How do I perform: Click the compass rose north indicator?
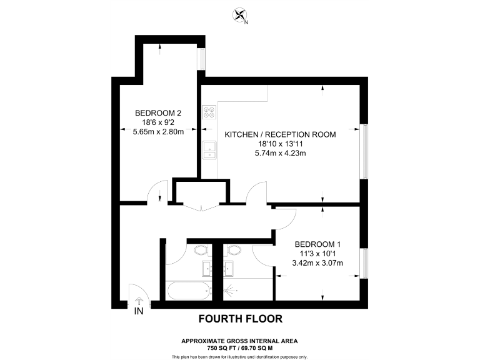(239, 14)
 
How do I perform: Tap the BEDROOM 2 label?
(158, 113)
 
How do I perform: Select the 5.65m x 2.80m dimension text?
(158, 132)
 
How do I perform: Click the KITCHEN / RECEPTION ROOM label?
(280, 134)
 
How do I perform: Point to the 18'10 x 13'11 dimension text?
(280, 144)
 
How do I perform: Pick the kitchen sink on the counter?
(209, 149)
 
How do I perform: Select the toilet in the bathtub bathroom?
(201, 251)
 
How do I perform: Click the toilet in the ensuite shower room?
(234, 251)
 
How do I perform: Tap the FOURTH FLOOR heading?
(240, 319)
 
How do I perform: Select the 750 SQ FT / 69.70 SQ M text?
(240, 347)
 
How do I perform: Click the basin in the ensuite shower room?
(229, 269)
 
